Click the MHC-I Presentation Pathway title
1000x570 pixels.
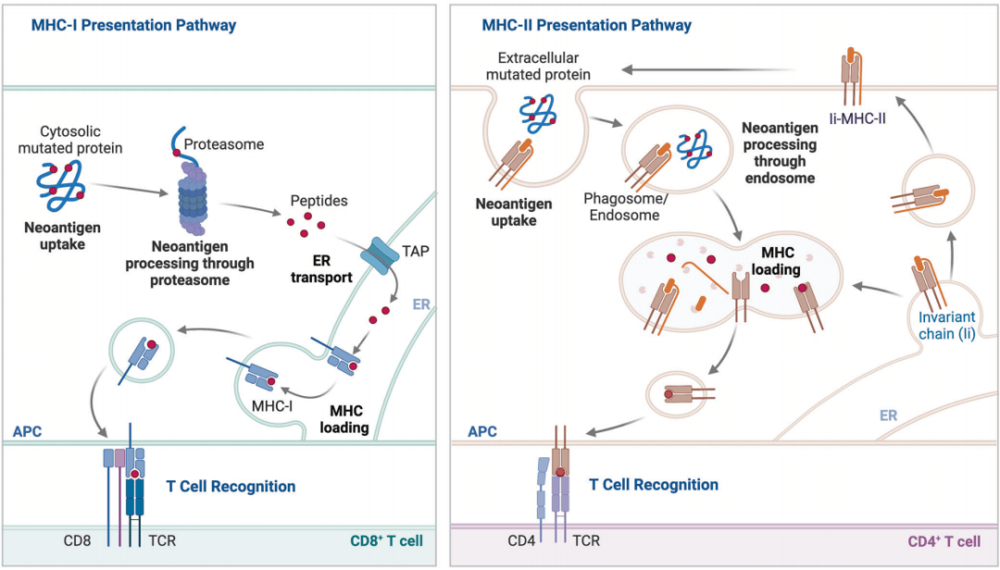[x=134, y=26]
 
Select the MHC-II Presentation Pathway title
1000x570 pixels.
[x=587, y=26]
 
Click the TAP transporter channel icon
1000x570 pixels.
[x=381, y=256]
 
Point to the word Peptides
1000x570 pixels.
[x=319, y=201]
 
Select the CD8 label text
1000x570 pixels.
[x=77, y=540]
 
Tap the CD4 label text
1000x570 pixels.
[x=521, y=540]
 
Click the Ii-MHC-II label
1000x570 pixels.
[x=857, y=118]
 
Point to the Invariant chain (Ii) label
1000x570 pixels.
[x=946, y=325]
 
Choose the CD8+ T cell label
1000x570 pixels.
[x=386, y=540]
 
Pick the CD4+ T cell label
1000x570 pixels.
[x=944, y=541]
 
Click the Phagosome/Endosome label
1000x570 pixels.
[x=625, y=206]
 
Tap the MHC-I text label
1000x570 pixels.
[x=272, y=406]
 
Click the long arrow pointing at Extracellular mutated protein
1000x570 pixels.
[x=708, y=69]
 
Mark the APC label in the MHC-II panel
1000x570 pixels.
[x=482, y=431]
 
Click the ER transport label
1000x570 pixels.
[x=321, y=269]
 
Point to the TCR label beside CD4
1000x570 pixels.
[x=586, y=540]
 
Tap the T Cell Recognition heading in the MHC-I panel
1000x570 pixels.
[x=231, y=487]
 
